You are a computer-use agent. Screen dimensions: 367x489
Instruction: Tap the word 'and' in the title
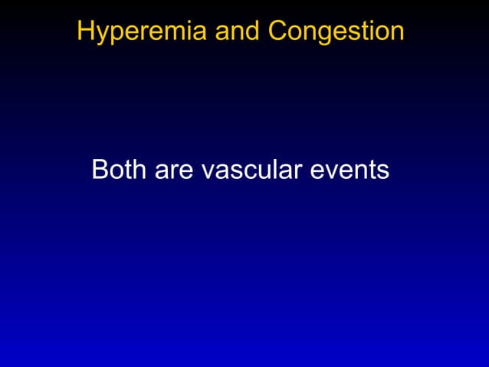238,31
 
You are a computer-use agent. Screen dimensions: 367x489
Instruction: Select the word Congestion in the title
336,31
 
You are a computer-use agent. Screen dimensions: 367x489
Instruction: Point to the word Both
120,170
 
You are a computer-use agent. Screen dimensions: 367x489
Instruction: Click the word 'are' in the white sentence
174,170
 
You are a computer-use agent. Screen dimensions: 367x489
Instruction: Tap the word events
350,170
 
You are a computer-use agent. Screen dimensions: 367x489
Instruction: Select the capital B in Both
99,170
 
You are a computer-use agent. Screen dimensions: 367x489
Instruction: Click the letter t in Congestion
362,31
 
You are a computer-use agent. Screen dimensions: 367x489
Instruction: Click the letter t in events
372,170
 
